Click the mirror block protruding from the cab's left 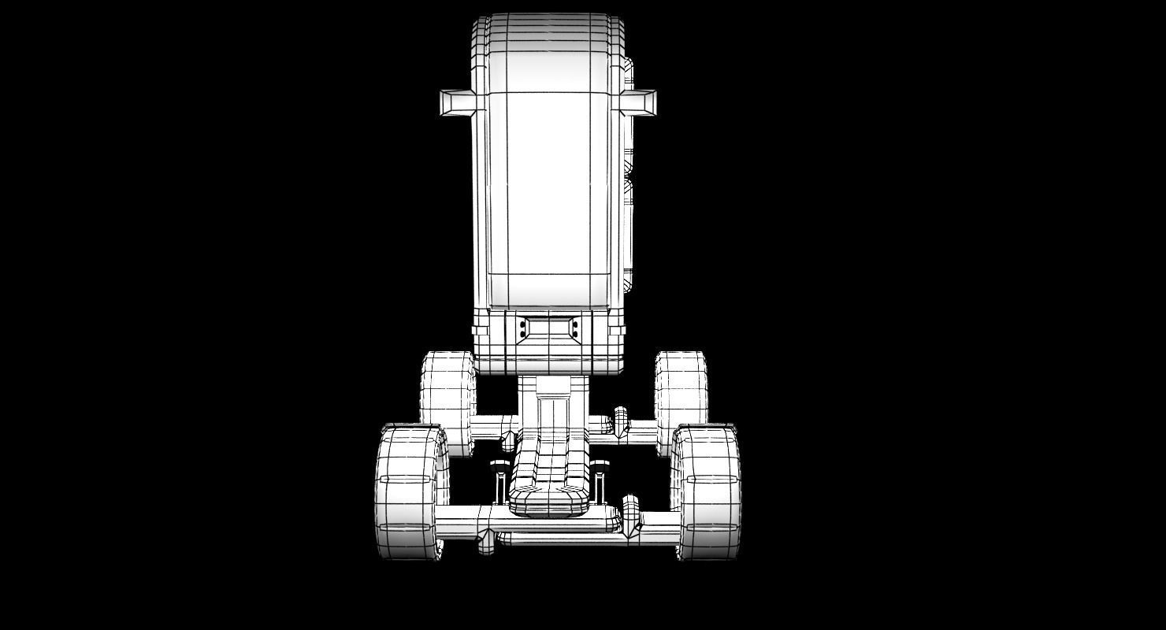pyautogui.click(x=457, y=103)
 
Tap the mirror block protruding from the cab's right pyautogui.click(x=639, y=102)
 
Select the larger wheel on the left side pyautogui.click(x=409, y=492)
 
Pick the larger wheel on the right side pyautogui.click(x=707, y=492)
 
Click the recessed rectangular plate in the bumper pyautogui.click(x=549, y=328)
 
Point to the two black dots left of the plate pyautogui.click(x=522, y=329)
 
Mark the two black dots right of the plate pyautogui.click(x=576, y=329)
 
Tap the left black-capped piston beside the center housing pyautogui.click(x=499, y=480)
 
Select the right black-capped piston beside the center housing pyautogui.click(x=600, y=480)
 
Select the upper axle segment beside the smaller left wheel pyautogui.click(x=492, y=427)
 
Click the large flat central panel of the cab pyautogui.click(x=549, y=181)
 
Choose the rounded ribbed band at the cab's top pyautogui.click(x=549, y=31)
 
